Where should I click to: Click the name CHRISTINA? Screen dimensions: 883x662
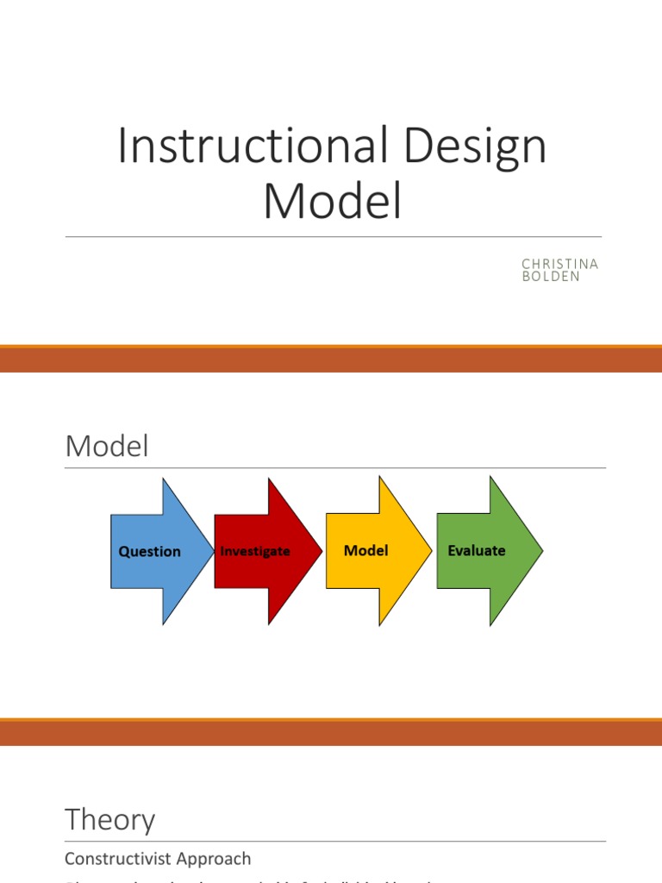coord(559,264)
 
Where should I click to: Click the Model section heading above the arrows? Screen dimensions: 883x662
coord(107,447)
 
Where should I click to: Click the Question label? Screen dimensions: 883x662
coord(149,551)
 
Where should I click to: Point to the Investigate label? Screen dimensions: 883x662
coord(255,550)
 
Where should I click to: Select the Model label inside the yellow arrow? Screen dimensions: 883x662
coord(366,549)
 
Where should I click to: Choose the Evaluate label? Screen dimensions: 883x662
coord(477,549)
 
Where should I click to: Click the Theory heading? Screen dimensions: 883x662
coord(110,819)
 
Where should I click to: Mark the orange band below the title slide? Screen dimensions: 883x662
coord(331,359)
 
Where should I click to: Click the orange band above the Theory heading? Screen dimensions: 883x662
coord(331,733)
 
